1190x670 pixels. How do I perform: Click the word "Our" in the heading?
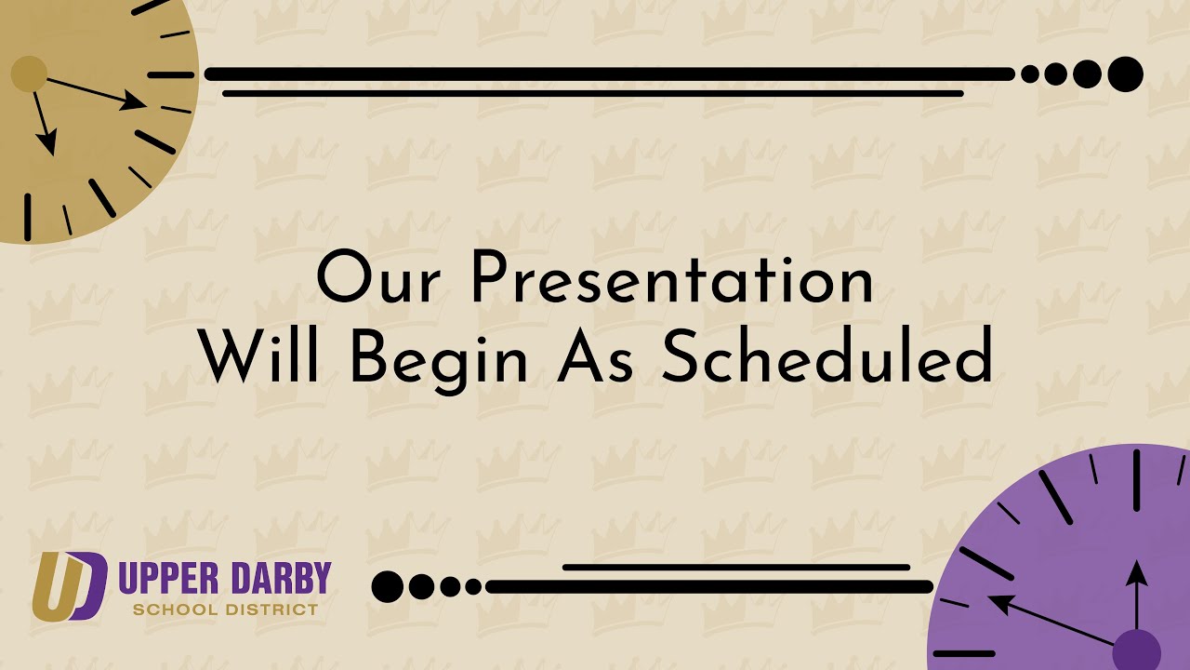pyautogui.click(x=377, y=276)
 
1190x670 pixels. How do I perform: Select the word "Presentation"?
pyautogui.click(x=672, y=276)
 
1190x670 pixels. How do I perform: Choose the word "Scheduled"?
pyautogui.click(x=826, y=355)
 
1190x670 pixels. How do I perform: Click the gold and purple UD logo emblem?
pyautogui.click(x=70, y=586)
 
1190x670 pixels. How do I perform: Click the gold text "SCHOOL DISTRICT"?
pyautogui.click(x=225, y=610)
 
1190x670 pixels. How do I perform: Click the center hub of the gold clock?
pyautogui.click(x=29, y=74)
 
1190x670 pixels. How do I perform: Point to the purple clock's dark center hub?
pyautogui.click(x=1136, y=650)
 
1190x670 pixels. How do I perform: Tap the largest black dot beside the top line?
pyautogui.click(x=1126, y=74)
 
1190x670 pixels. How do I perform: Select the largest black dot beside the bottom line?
pyautogui.click(x=388, y=586)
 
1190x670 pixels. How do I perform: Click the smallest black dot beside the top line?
pyautogui.click(x=1029, y=74)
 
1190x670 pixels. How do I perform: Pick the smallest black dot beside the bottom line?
pyautogui.click(x=473, y=586)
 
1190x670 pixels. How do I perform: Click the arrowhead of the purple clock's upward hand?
pyautogui.click(x=1136, y=572)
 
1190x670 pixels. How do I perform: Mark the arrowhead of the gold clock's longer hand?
pyautogui.click(x=133, y=100)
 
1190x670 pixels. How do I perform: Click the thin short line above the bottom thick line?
pyautogui.click(x=736, y=568)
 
